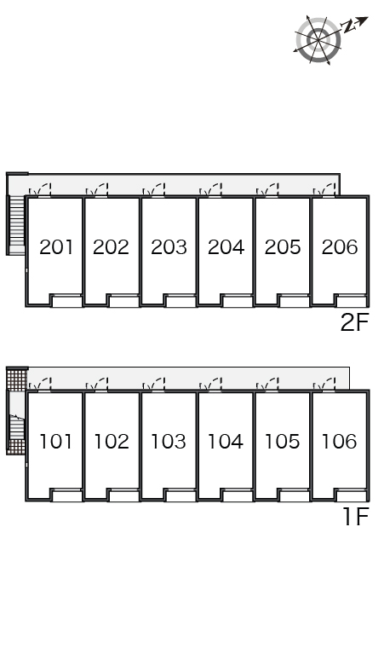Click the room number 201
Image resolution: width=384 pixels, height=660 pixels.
[x=56, y=247]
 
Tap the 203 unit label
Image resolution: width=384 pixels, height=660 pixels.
[x=169, y=247]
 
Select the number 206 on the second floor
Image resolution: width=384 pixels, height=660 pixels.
[x=340, y=247]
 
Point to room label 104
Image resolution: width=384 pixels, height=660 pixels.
[x=226, y=442]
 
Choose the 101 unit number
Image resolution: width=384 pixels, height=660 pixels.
[x=55, y=442]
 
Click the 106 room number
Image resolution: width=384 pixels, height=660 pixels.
[x=339, y=442]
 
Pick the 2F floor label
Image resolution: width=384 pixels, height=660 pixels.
[x=354, y=323]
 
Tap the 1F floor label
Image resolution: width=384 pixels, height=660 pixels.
[x=356, y=517]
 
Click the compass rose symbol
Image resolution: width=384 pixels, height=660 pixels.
[x=318, y=40]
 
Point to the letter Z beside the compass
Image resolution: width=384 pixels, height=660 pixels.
[x=349, y=27]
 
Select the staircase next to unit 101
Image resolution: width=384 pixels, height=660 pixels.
[x=17, y=427]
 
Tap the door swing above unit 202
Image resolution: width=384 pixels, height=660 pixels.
[x=97, y=190]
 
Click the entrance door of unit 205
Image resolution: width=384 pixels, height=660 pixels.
[x=267, y=190]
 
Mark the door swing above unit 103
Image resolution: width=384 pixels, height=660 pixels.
[x=154, y=385]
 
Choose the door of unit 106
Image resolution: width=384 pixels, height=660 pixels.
[x=324, y=385]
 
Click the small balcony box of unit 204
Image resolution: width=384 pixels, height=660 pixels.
[x=238, y=301]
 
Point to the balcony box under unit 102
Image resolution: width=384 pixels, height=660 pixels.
[x=124, y=495]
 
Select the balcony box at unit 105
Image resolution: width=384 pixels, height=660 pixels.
[x=295, y=495]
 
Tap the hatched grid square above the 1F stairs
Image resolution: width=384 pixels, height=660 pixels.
[x=17, y=379]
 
